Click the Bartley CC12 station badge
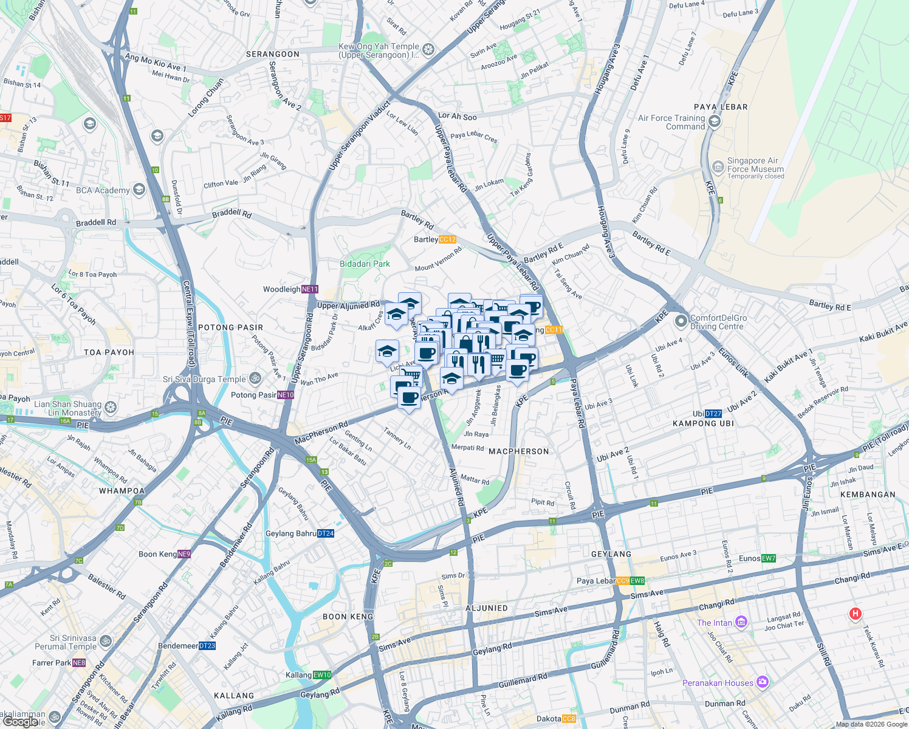[447, 239]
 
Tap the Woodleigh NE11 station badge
[310, 289]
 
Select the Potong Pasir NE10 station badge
[286, 395]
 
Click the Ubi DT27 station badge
[713, 414]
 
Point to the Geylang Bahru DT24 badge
[326, 533]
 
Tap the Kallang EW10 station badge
[322, 675]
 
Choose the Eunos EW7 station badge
[769, 558]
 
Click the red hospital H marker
[855, 614]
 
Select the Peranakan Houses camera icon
[762, 683]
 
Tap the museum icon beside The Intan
[741, 622]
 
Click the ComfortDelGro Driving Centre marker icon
[681, 321]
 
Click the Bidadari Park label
[365, 264]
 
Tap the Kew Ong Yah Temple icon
[428, 49]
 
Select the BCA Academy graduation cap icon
[139, 190]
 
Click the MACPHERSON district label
[518, 451]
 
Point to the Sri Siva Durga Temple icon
[255, 378]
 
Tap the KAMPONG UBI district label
[703, 423]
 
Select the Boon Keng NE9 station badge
[184, 554]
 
